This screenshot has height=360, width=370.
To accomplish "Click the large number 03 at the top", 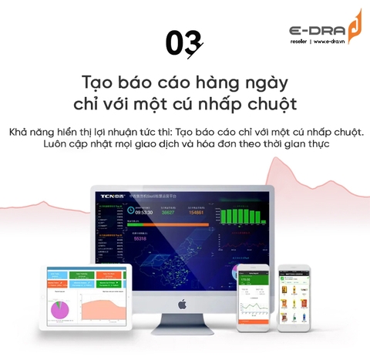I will (183, 43).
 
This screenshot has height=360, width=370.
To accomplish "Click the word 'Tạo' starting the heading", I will (97, 82).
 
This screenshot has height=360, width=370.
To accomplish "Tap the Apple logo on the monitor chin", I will (183, 304).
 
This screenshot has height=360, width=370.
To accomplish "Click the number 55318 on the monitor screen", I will (140, 238).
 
